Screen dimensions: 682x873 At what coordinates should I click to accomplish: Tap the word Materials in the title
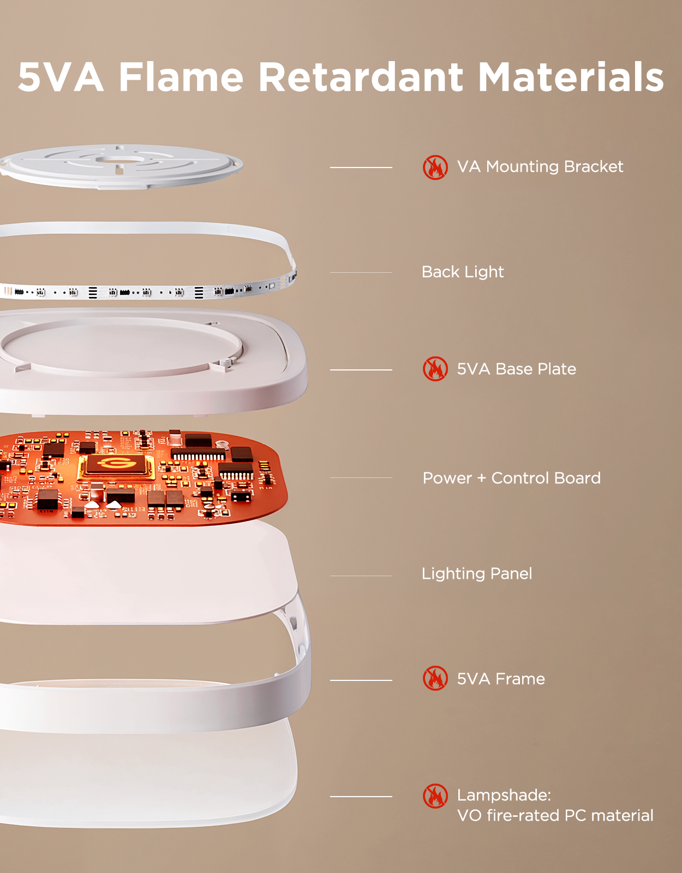pyautogui.click(x=571, y=77)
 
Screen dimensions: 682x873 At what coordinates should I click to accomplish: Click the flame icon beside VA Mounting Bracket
pyautogui.click(x=435, y=167)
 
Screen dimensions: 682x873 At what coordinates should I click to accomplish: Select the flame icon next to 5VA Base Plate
pyautogui.click(x=435, y=369)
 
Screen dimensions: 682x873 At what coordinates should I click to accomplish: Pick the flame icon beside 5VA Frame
pyautogui.click(x=435, y=679)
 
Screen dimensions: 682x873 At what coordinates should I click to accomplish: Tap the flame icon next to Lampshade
pyautogui.click(x=435, y=796)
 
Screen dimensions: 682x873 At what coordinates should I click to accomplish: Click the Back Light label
pyautogui.click(x=462, y=272)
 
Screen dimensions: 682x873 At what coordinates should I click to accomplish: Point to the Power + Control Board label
pyautogui.click(x=511, y=478)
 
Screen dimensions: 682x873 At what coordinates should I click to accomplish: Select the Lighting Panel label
pyautogui.click(x=477, y=573)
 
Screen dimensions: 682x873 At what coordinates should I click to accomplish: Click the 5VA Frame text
pyautogui.click(x=501, y=679)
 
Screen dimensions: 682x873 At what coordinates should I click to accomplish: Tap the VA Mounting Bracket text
pyautogui.click(x=540, y=167)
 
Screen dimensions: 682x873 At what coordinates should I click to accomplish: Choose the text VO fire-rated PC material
pyautogui.click(x=555, y=816)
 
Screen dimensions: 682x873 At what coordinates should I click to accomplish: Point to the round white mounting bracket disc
pyautogui.click(x=121, y=167)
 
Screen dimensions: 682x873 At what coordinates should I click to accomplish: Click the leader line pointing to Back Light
pyautogui.click(x=361, y=272)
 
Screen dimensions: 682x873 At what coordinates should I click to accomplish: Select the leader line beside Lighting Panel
pyautogui.click(x=361, y=576)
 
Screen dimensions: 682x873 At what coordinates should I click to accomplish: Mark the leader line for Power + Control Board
pyautogui.click(x=361, y=477)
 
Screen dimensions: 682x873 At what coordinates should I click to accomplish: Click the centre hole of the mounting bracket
pyautogui.click(x=119, y=160)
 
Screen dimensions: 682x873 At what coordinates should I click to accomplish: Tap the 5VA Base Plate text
pyautogui.click(x=517, y=369)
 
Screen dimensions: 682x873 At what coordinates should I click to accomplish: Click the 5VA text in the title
pyautogui.click(x=61, y=77)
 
